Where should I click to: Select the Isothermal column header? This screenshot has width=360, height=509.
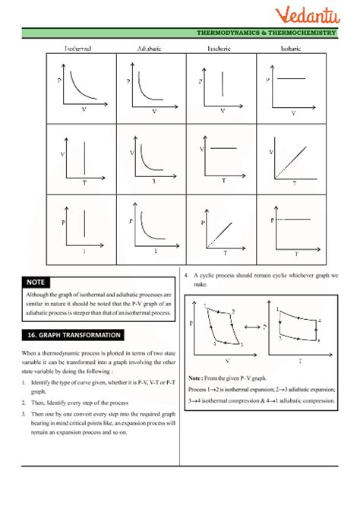click(x=81, y=48)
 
